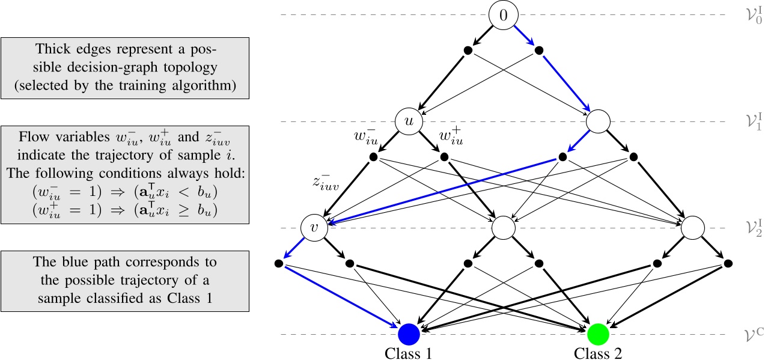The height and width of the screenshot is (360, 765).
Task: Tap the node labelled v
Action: click(313, 228)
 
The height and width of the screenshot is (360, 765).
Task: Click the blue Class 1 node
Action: click(408, 334)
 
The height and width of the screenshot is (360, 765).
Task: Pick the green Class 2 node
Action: click(599, 334)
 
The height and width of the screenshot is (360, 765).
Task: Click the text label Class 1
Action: click(408, 352)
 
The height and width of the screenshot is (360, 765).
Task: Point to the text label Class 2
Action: click(599, 352)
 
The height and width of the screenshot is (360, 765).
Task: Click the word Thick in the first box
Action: click(52, 48)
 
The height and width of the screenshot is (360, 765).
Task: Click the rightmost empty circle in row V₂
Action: click(693, 228)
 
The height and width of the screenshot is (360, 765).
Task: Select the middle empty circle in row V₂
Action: click(504, 228)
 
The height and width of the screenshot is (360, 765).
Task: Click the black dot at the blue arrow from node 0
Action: click(539, 50)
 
